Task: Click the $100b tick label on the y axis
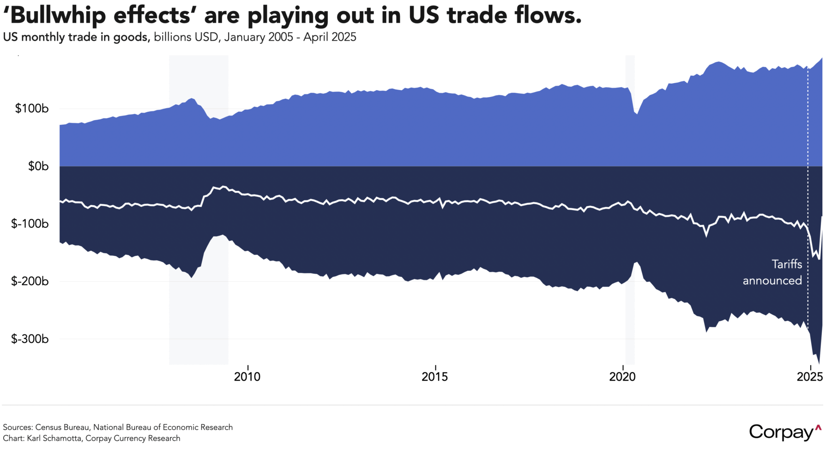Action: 32,109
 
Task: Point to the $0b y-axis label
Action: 38,166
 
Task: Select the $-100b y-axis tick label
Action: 30,224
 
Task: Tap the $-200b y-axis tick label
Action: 30,281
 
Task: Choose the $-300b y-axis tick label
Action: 30,339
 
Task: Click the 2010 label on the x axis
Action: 247,377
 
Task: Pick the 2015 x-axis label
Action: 434,377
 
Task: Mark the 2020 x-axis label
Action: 622,377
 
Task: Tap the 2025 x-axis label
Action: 809,377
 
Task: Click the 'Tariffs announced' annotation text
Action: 772,273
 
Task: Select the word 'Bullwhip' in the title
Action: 58,16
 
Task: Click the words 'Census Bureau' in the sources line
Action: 62,427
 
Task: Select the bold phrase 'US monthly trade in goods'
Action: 76,37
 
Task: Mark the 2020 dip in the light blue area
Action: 636,113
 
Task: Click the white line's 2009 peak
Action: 223,187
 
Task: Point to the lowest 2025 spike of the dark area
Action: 819,363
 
